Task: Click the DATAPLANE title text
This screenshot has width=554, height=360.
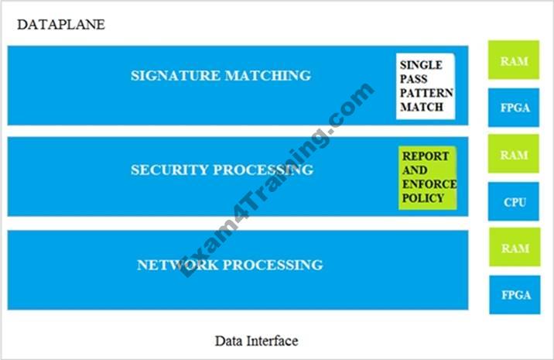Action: click(x=60, y=24)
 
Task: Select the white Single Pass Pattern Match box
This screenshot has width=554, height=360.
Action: click(x=425, y=85)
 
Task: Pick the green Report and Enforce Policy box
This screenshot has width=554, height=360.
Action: click(x=428, y=177)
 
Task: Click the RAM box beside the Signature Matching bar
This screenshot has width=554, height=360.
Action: click(x=514, y=60)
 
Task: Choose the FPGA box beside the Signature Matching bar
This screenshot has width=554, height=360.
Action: click(x=514, y=108)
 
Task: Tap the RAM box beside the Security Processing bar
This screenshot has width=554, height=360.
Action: click(x=514, y=155)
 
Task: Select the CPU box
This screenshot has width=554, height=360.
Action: click(x=514, y=202)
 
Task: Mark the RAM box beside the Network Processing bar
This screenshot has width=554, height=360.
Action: click(x=514, y=249)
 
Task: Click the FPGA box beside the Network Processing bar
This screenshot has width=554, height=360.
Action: click(x=514, y=295)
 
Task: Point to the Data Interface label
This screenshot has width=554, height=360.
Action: click(x=256, y=341)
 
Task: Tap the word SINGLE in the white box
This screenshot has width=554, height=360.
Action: click(x=419, y=65)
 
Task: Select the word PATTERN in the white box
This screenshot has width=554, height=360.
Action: click(x=425, y=94)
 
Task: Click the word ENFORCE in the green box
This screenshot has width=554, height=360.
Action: click(x=429, y=184)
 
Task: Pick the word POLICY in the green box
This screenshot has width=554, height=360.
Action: click(x=422, y=198)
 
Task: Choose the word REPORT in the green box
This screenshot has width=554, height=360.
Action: click(x=425, y=156)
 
